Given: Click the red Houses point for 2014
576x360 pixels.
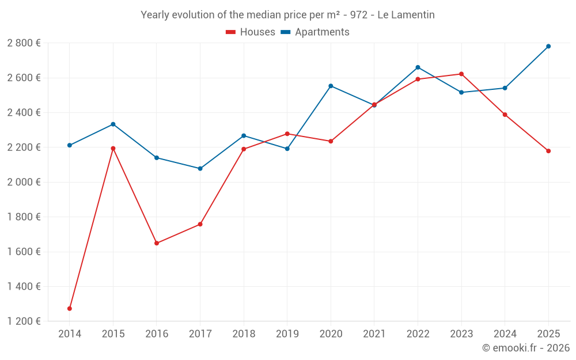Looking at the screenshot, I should pyautogui.click(x=70, y=309).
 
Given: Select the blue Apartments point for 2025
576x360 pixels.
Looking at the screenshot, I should pyautogui.click(x=548, y=46).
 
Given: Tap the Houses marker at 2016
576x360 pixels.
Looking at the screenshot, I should pyautogui.click(x=157, y=243).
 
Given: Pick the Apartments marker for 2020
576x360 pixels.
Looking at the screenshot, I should pyautogui.click(x=331, y=86).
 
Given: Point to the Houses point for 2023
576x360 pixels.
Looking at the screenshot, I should pyautogui.click(x=461, y=74).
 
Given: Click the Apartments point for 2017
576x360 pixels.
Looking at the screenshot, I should pyautogui.click(x=200, y=169).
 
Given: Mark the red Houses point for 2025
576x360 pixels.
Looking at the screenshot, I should pyautogui.click(x=548, y=151).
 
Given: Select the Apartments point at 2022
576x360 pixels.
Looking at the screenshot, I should pyautogui.click(x=418, y=67).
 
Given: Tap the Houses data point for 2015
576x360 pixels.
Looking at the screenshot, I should pyautogui.click(x=113, y=148).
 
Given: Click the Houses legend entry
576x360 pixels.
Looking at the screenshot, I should pyautogui.click(x=251, y=32).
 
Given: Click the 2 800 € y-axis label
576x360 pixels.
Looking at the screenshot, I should pyautogui.click(x=24, y=43).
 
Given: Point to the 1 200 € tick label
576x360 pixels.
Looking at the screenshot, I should pyautogui.click(x=24, y=321).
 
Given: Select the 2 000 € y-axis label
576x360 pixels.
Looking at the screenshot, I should pyautogui.click(x=24, y=182).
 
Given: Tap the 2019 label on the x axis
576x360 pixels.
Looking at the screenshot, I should pyautogui.click(x=287, y=334).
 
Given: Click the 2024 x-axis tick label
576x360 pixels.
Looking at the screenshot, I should pyautogui.click(x=505, y=334).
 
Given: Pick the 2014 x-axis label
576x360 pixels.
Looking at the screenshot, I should pyautogui.click(x=70, y=334).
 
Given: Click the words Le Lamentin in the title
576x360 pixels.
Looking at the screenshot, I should pyautogui.click(x=406, y=14).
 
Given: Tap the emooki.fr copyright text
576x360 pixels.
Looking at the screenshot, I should pyautogui.click(x=525, y=348).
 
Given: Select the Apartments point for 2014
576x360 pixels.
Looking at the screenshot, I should pyautogui.click(x=70, y=145).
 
